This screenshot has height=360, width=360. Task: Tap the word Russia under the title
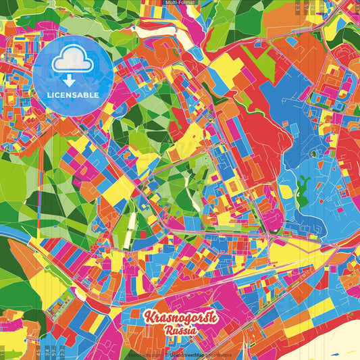tap(180, 331)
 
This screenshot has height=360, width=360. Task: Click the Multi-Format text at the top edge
tap(179, 3)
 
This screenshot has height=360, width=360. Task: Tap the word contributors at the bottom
tap(218, 355)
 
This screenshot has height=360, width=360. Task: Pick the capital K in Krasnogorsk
tap(149, 316)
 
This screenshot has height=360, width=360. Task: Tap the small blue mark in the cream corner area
tap(336, 352)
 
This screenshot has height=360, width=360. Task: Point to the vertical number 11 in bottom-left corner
tap(4, 353)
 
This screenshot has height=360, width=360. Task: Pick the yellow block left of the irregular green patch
tap(286, 190)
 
